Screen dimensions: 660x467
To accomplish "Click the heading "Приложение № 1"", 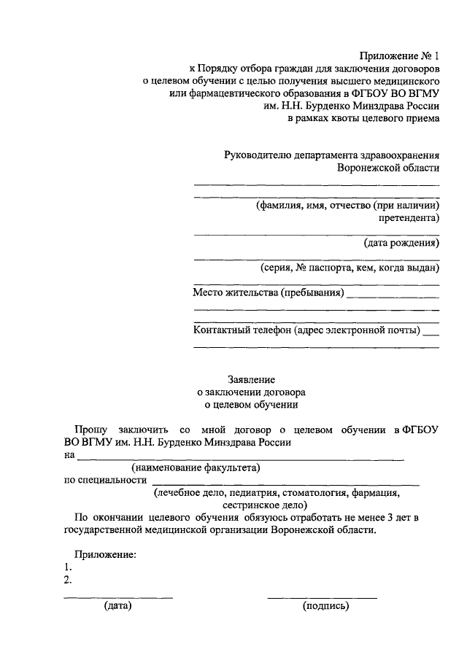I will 400,56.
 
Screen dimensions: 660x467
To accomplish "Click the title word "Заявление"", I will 251,378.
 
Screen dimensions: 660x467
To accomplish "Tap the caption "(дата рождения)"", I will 401,243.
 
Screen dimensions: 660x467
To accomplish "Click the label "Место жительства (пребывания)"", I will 268,293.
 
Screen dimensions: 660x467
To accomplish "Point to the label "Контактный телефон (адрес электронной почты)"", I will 306,330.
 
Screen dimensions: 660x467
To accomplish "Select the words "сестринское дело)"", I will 266,505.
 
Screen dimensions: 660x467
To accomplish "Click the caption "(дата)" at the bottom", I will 117,606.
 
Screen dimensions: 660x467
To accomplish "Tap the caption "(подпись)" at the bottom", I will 326,606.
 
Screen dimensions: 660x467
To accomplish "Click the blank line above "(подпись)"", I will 322,597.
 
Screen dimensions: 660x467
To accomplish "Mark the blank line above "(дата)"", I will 118,597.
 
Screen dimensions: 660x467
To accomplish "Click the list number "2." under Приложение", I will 68,580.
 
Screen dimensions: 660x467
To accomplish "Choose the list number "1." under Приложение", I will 68,567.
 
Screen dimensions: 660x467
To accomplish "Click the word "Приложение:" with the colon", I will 107,555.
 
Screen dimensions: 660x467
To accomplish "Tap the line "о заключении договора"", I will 251,391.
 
